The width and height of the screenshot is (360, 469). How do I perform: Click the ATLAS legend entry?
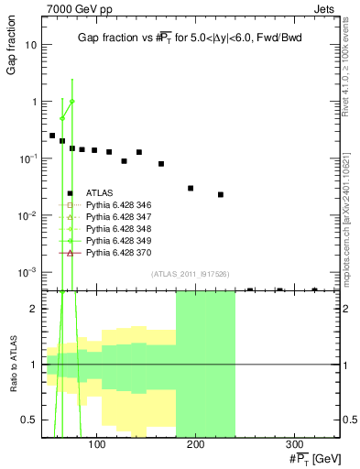coord(99,192)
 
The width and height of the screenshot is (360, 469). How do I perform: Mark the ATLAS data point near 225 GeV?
coord(221,194)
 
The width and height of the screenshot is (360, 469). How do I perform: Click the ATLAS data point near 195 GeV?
coord(191,188)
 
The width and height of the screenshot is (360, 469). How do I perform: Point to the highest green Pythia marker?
coord(71,101)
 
